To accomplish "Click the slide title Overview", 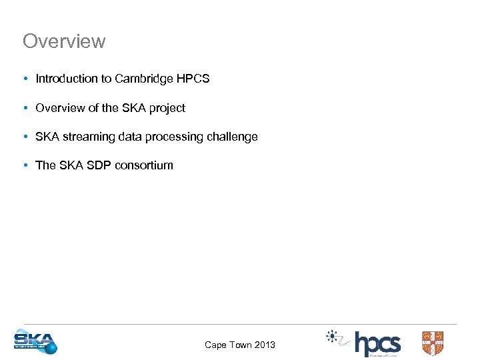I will [x=64, y=41].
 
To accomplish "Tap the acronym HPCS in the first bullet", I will [x=193, y=79].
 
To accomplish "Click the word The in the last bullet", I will [x=45, y=165].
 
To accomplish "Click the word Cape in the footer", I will [x=216, y=345].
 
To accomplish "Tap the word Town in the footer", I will [x=240, y=345].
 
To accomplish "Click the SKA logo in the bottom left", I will [x=35, y=342].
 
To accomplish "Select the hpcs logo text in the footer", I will [x=377, y=344].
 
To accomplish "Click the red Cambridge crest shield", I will [x=432, y=343].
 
